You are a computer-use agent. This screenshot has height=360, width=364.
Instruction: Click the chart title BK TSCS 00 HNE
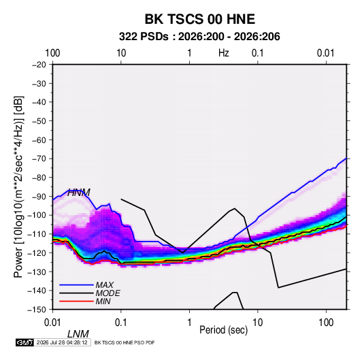(x=200, y=19)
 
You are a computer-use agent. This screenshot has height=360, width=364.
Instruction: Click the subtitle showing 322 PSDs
(x=199, y=37)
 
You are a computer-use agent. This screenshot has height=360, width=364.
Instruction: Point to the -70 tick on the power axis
(x=39, y=159)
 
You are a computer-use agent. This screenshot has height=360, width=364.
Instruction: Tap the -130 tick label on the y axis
(x=37, y=272)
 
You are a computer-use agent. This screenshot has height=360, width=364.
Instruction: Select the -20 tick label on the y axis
(x=39, y=65)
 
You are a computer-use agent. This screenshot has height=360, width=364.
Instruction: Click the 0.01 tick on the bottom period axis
(x=52, y=323)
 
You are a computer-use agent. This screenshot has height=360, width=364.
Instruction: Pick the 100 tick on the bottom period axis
(x=326, y=323)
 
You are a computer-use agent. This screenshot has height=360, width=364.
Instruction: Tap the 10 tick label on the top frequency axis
(x=121, y=53)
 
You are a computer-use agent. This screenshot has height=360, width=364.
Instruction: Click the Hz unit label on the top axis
(x=224, y=53)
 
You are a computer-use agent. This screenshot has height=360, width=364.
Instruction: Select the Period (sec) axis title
(x=224, y=330)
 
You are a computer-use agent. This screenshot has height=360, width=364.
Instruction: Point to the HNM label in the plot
(x=79, y=193)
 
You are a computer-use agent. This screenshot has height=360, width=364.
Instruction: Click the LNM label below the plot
(x=78, y=334)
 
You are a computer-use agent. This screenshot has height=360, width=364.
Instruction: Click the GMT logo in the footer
(x=24, y=342)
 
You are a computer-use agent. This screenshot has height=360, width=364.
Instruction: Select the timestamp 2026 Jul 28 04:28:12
(x=62, y=342)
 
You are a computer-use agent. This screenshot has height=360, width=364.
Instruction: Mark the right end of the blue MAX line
(x=346, y=158)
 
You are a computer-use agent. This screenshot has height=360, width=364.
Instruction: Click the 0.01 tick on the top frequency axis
(x=326, y=53)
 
